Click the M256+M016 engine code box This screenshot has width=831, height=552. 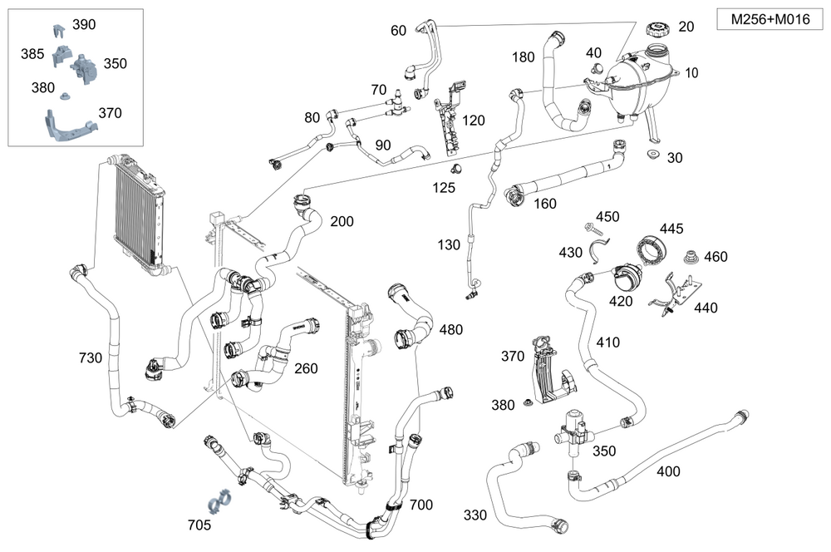765,20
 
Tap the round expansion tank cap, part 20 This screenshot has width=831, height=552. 656,30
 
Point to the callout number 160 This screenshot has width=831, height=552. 545,204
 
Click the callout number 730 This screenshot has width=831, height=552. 91,358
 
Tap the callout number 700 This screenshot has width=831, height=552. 421,505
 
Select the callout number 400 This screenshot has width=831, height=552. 668,471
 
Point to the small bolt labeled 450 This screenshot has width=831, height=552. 594,226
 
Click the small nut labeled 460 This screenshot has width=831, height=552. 689,257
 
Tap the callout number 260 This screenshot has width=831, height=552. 307,368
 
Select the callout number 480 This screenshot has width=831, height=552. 451,329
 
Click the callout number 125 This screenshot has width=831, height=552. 444,188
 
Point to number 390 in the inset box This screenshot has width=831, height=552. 84,25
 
